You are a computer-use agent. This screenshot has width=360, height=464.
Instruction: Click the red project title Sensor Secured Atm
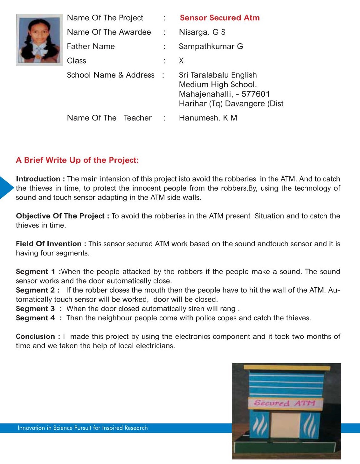[220, 18]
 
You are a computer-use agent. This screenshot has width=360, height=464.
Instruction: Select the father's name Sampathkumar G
[211, 46]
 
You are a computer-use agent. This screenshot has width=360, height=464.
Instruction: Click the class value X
[181, 61]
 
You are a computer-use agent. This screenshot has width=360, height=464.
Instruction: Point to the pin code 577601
[255, 94]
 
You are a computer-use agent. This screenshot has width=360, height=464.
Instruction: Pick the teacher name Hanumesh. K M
[208, 118]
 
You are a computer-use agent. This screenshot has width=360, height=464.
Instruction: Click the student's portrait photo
[39, 40]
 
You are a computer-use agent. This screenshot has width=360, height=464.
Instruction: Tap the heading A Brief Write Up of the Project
[77, 160]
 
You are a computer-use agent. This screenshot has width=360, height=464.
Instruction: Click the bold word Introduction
[38, 179]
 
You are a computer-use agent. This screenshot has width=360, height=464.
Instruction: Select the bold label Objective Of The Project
[60, 216]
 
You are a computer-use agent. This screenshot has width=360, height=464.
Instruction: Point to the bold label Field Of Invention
[49, 244]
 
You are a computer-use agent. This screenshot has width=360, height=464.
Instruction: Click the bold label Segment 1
[36, 272]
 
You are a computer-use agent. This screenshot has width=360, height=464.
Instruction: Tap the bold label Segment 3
[35, 309]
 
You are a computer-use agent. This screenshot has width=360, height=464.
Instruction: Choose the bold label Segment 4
[35, 318]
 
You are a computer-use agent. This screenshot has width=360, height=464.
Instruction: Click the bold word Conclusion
[35, 337]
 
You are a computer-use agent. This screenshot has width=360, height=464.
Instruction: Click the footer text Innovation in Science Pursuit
[83, 428]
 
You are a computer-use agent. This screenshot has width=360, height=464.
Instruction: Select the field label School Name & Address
[111, 75]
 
